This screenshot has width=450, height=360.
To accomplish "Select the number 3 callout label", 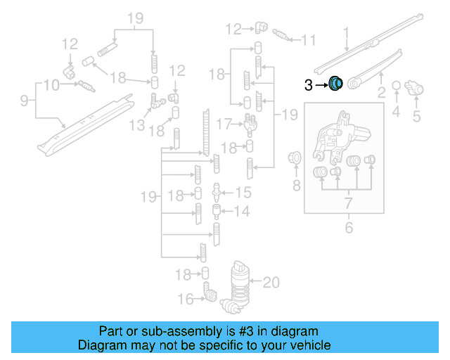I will (x=308, y=85).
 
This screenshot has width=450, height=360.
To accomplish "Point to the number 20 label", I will (x=271, y=283).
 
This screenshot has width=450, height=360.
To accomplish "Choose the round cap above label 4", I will (x=397, y=86).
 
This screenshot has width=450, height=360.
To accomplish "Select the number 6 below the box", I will (x=347, y=228).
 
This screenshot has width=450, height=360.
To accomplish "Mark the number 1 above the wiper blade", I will (x=346, y=32).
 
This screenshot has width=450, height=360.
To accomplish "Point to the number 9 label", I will (x=23, y=101).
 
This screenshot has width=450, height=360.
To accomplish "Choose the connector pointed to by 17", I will (x=247, y=124).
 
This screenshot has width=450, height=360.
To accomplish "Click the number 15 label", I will (x=243, y=192).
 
